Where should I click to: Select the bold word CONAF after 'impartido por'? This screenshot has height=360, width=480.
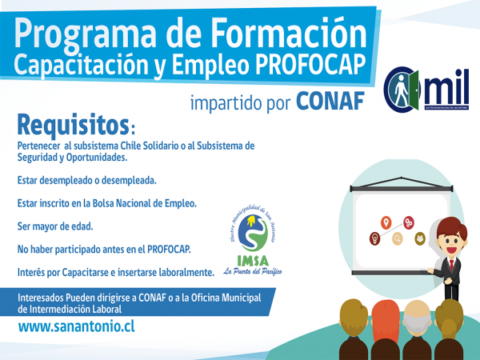[330, 102]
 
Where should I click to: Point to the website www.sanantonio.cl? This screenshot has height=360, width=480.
[76, 328]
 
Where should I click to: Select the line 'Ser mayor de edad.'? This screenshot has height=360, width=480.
[55, 226]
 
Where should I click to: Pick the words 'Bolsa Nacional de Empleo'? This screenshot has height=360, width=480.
[145, 204]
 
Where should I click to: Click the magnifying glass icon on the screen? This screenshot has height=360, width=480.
[397, 238]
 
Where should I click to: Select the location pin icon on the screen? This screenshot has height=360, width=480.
[386, 222]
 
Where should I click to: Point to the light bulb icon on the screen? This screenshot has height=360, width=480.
[374, 238]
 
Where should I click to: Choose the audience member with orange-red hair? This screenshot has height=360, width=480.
[386, 320]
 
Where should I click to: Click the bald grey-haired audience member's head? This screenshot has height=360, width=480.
[419, 317]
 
